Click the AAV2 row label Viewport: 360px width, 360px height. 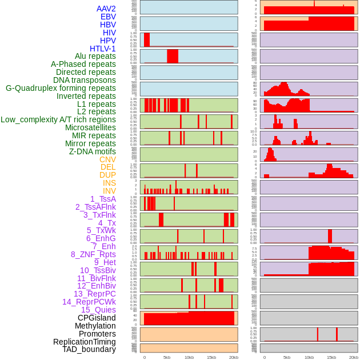(106, 9)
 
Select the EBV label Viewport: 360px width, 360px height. (108, 17)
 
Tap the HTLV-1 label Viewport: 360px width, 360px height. (102, 49)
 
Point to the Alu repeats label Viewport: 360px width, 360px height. (95, 56)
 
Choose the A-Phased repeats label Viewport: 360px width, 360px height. (83, 64)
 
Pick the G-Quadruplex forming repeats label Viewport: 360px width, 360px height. (61, 88)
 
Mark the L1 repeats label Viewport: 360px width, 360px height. (96, 104)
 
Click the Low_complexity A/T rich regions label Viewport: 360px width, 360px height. (58, 119)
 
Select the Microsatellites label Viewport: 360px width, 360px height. (90, 127)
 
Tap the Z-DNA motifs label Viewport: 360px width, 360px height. (92, 151)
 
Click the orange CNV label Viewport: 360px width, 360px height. (107, 159)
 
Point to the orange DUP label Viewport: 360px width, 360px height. (107, 175)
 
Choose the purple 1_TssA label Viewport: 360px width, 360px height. (103, 199)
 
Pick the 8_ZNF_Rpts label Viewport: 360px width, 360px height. (93, 254)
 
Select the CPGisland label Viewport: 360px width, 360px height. (97, 318)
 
